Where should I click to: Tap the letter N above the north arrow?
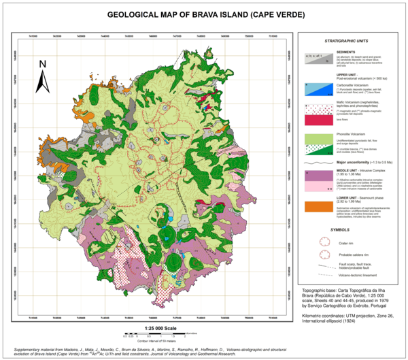point(41,65)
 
